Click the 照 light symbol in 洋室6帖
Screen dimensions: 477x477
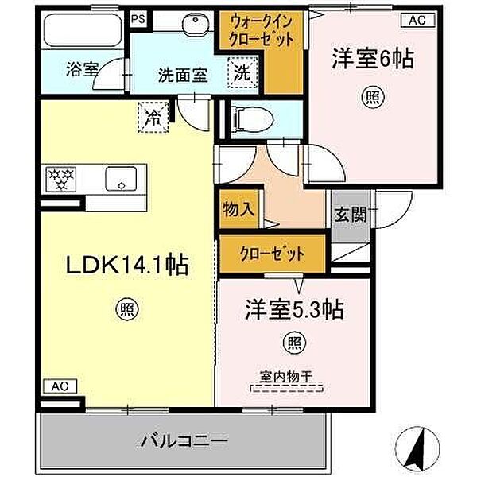pos(372,98)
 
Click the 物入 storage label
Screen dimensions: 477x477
pos(238,210)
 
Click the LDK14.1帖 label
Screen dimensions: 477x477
pos(127,263)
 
